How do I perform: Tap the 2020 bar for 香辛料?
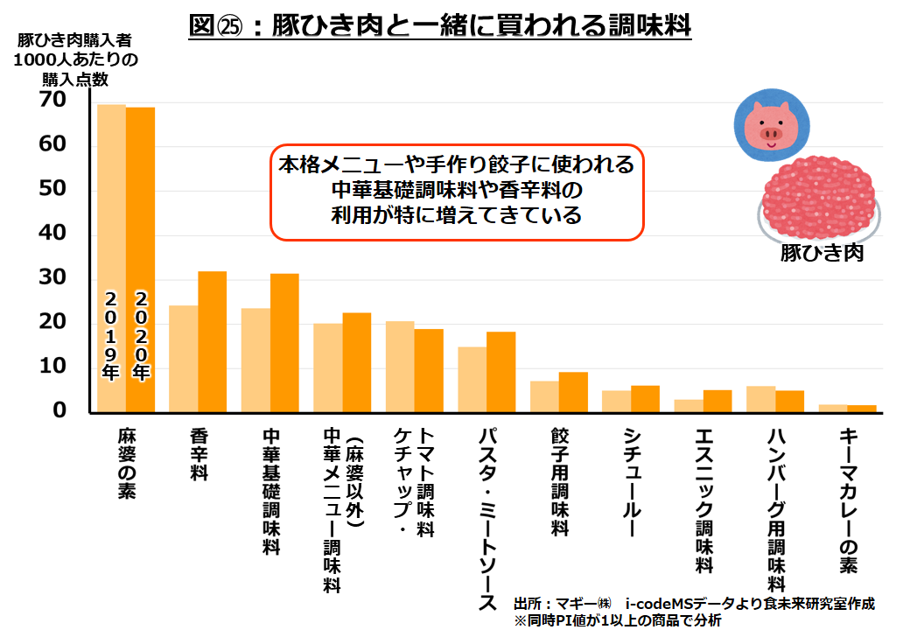pyautogui.click(x=212, y=341)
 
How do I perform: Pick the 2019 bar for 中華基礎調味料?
pyautogui.click(x=255, y=360)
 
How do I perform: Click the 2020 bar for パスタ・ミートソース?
pyautogui.click(x=500, y=372)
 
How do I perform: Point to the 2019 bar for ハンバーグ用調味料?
pyautogui.click(x=760, y=399)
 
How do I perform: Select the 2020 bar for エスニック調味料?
pyautogui.click(x=717, y=401)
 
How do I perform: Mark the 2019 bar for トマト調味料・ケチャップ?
pyautogui.click(x=400, y=367)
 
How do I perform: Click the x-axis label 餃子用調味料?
pyautogui.click(x=560, y=481)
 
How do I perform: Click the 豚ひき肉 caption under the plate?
pyautogui.click(x=822, y=254)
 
